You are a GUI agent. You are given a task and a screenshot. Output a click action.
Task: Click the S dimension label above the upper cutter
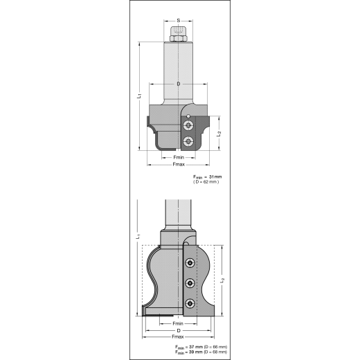178,21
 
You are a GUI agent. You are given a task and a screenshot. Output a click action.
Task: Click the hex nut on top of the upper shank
178,36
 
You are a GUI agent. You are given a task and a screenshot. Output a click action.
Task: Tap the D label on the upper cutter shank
179,84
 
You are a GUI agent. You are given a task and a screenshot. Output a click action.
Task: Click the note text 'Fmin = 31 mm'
208,177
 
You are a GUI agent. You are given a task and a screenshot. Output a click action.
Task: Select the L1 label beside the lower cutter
140,237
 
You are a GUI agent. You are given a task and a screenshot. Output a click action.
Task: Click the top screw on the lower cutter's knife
189,262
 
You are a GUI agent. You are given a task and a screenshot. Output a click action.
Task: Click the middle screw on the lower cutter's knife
189,282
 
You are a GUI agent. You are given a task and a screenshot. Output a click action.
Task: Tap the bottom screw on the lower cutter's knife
189,301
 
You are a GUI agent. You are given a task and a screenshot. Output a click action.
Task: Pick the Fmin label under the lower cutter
178,323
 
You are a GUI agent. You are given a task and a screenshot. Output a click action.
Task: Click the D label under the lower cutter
179,331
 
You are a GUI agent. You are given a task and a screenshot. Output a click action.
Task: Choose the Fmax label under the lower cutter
178,338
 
